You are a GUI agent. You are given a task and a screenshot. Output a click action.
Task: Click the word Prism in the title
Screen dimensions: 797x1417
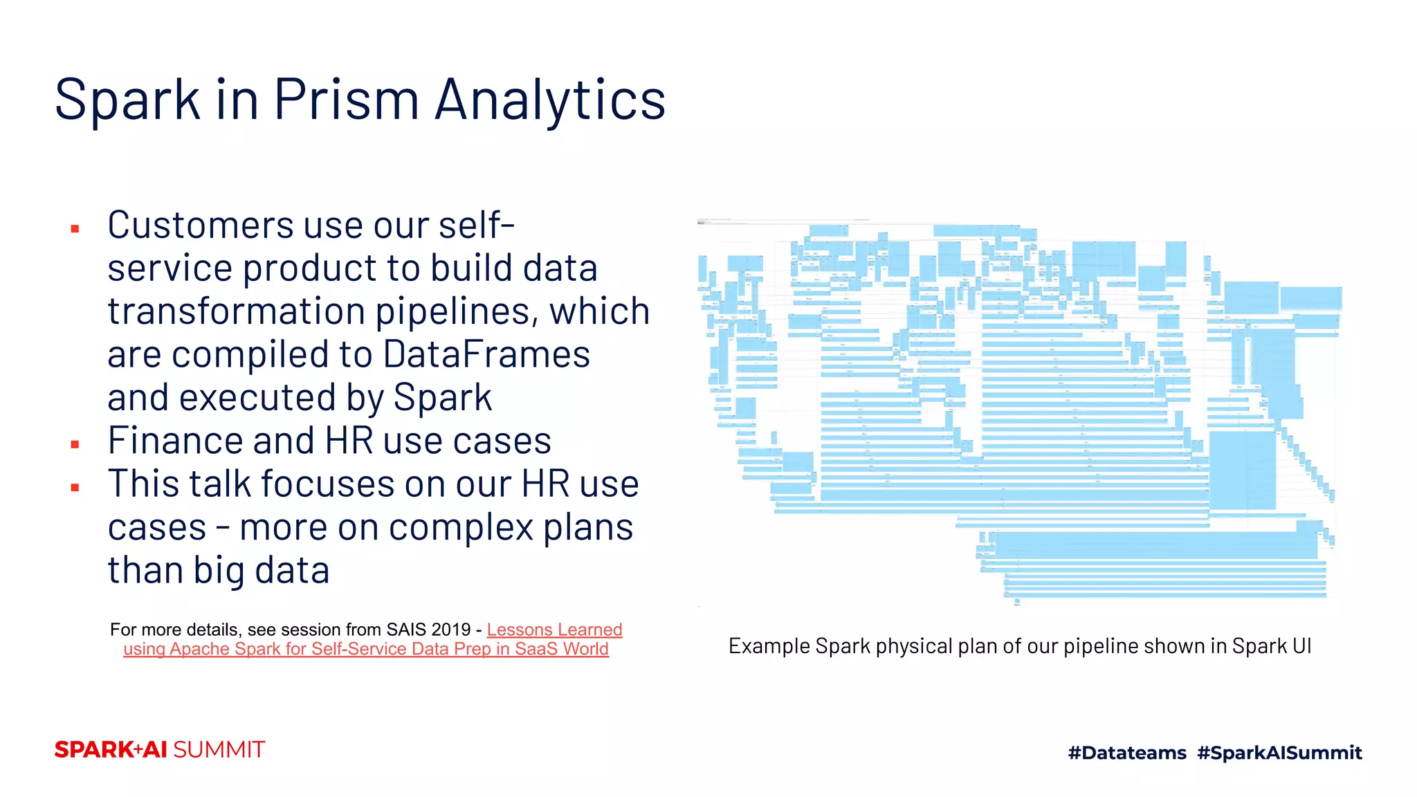pos(346,100)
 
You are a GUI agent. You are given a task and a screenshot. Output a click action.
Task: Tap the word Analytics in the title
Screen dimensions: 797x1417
pos(550,100)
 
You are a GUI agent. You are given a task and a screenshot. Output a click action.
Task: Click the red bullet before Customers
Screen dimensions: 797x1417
pos(75,228)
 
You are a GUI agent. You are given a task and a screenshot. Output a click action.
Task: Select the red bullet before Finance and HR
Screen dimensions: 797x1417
pos(75,444)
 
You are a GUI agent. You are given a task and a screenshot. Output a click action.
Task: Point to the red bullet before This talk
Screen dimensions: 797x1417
pos(75,488)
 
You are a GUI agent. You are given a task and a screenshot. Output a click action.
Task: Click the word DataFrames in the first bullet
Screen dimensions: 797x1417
pos(486,354)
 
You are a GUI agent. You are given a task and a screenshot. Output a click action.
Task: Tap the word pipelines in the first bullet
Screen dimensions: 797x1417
pos(457,311)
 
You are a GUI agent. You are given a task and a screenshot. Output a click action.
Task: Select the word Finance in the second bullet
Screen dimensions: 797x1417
pos(175,441)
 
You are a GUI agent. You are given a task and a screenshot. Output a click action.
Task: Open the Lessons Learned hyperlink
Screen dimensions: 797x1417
pos(554,630)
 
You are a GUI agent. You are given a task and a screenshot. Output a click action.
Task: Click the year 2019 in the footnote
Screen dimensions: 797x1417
pos(450,630)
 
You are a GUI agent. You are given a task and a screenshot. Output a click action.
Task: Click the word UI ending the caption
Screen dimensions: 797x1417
pos(1301,646)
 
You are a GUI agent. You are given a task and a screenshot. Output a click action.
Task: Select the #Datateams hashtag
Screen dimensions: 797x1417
pos(1127,753)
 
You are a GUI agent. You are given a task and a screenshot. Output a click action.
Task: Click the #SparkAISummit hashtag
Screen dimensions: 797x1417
pos(1279,753)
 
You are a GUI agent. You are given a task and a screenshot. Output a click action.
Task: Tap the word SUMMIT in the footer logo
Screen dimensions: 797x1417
pos(219,750)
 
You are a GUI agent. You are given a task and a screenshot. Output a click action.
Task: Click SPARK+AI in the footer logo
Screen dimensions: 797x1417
pos(111,750)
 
